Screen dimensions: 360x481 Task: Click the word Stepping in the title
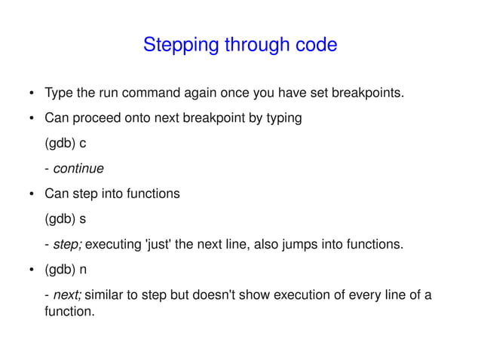pyautogui.click(x=174, y=45)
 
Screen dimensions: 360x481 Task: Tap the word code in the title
pyautogui.click(x=315, y=45)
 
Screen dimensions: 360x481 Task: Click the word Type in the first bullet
pyautogui.click(x=58, y=93)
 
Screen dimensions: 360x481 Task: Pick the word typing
pyautogui.click(x=283, y=118)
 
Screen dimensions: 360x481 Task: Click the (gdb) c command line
pyautogui.click(x=66, y=143)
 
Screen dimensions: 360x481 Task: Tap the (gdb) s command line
pyautogui.click(x=66, y=218)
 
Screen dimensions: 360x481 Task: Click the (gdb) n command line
pyautogui.click(x=66, y=269)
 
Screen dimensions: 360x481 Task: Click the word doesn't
pyautogui.click(x=212, y=294)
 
